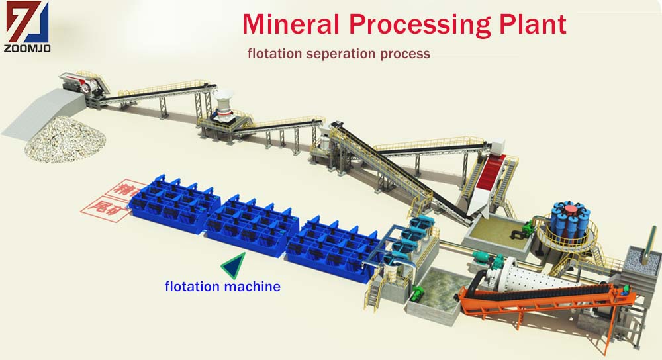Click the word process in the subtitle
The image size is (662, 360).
click(x=406, y=53)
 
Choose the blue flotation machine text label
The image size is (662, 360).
click(x=222, y=287)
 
